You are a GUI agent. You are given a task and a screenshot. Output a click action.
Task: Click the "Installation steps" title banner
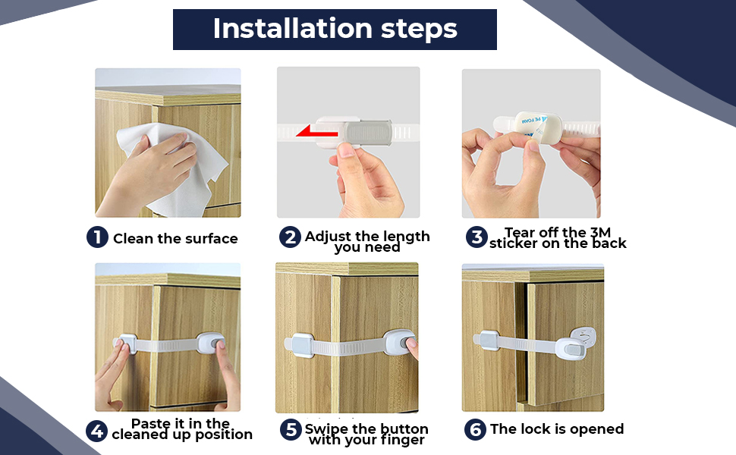pyautogui.click(x=335, y=29)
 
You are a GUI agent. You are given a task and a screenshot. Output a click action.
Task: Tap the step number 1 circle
pyautogui.click(x=97, y=237)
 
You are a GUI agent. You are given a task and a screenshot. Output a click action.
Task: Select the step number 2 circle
pyautogui.click(x=290, y=237)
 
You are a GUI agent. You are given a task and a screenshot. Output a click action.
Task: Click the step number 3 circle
pyautogui.click(x=477, y=237)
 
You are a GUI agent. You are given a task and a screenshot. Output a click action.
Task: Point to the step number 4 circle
pyautogui.click(x=96, y=431)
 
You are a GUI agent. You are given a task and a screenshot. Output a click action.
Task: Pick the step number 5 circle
pyautogui.click(x=291, y=429)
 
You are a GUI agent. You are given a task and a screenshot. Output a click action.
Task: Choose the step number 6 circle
pyautogui.click(x=475, y=429)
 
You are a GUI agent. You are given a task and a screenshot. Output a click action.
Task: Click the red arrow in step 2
pyautogui.click(x=317, y=131)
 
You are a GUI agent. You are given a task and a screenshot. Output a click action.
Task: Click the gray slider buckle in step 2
pyautogui.click(x=368, y=132)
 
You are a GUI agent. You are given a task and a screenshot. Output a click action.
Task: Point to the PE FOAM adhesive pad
pyautogui.click(x=537, y=127)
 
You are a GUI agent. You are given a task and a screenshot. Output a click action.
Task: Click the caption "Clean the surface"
pyautogui.click(x=175, y=238)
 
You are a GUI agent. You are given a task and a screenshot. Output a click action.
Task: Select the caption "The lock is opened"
pyautogui.click(x=557, y=428)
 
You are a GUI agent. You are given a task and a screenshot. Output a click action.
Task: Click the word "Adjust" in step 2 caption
pyautogui.click(x=327, y=237)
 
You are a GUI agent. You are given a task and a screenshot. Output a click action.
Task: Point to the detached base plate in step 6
pyautogui.click(x=583, y=337)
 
